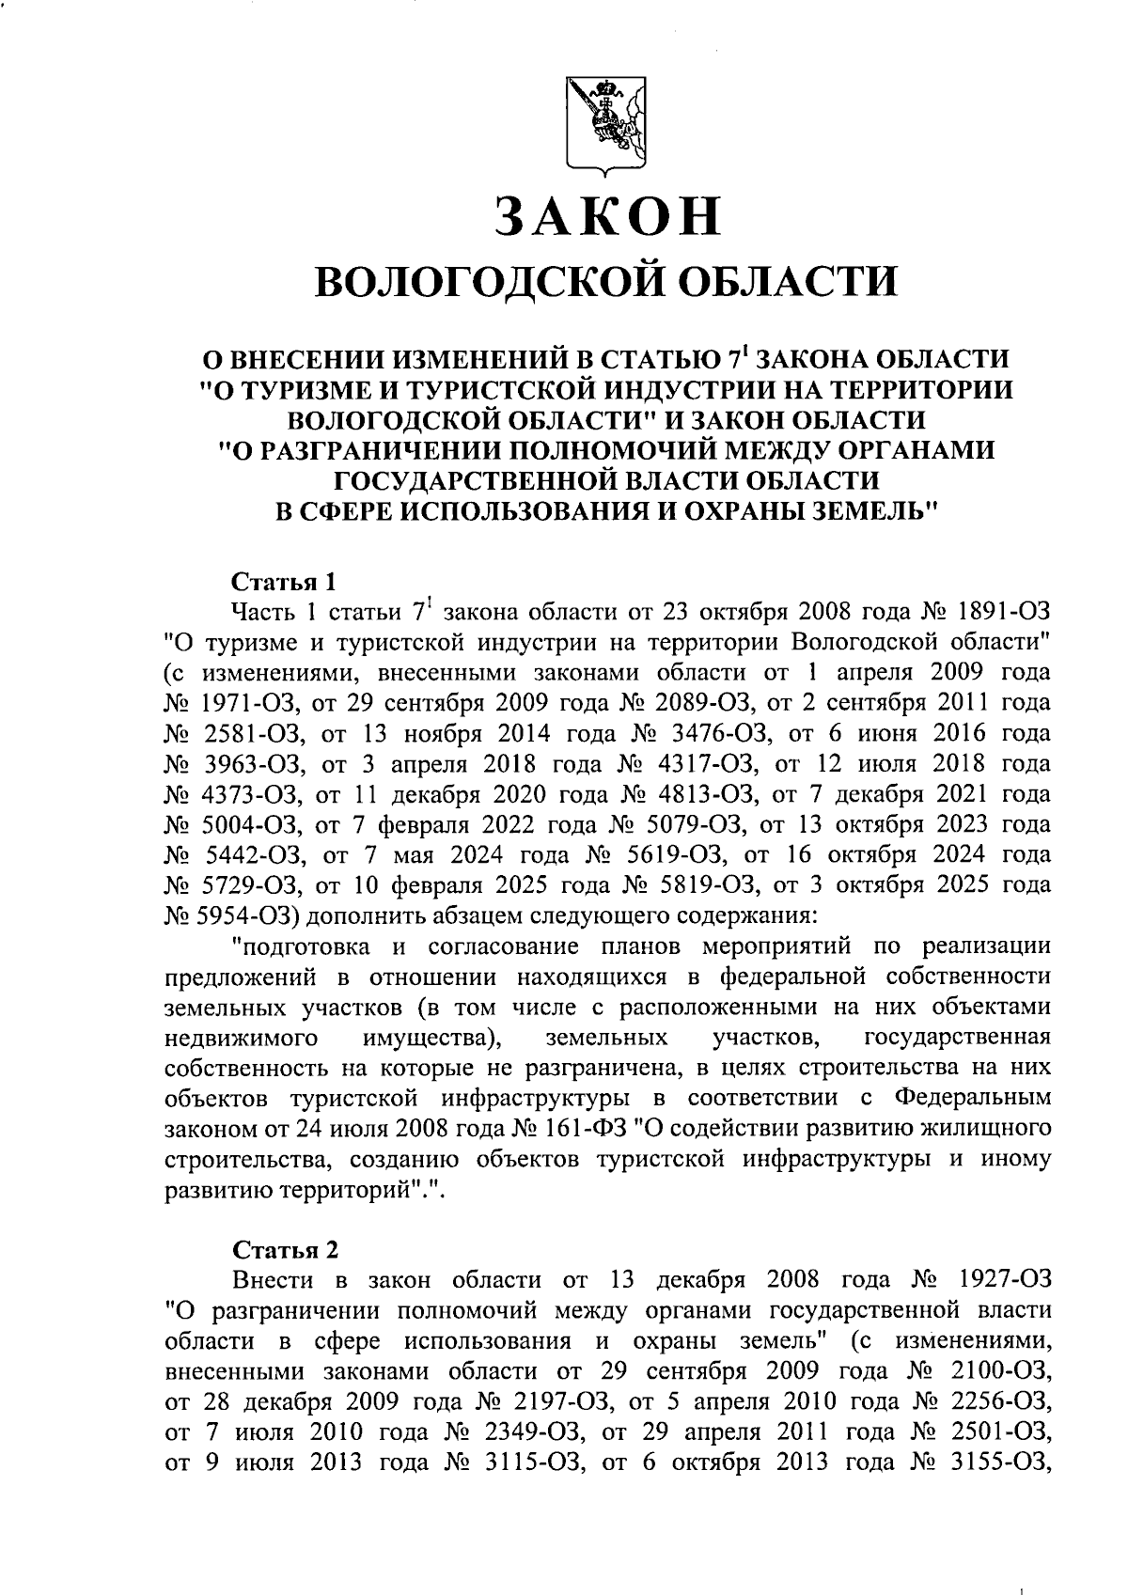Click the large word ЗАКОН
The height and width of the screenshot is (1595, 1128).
tap(608, 216)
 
